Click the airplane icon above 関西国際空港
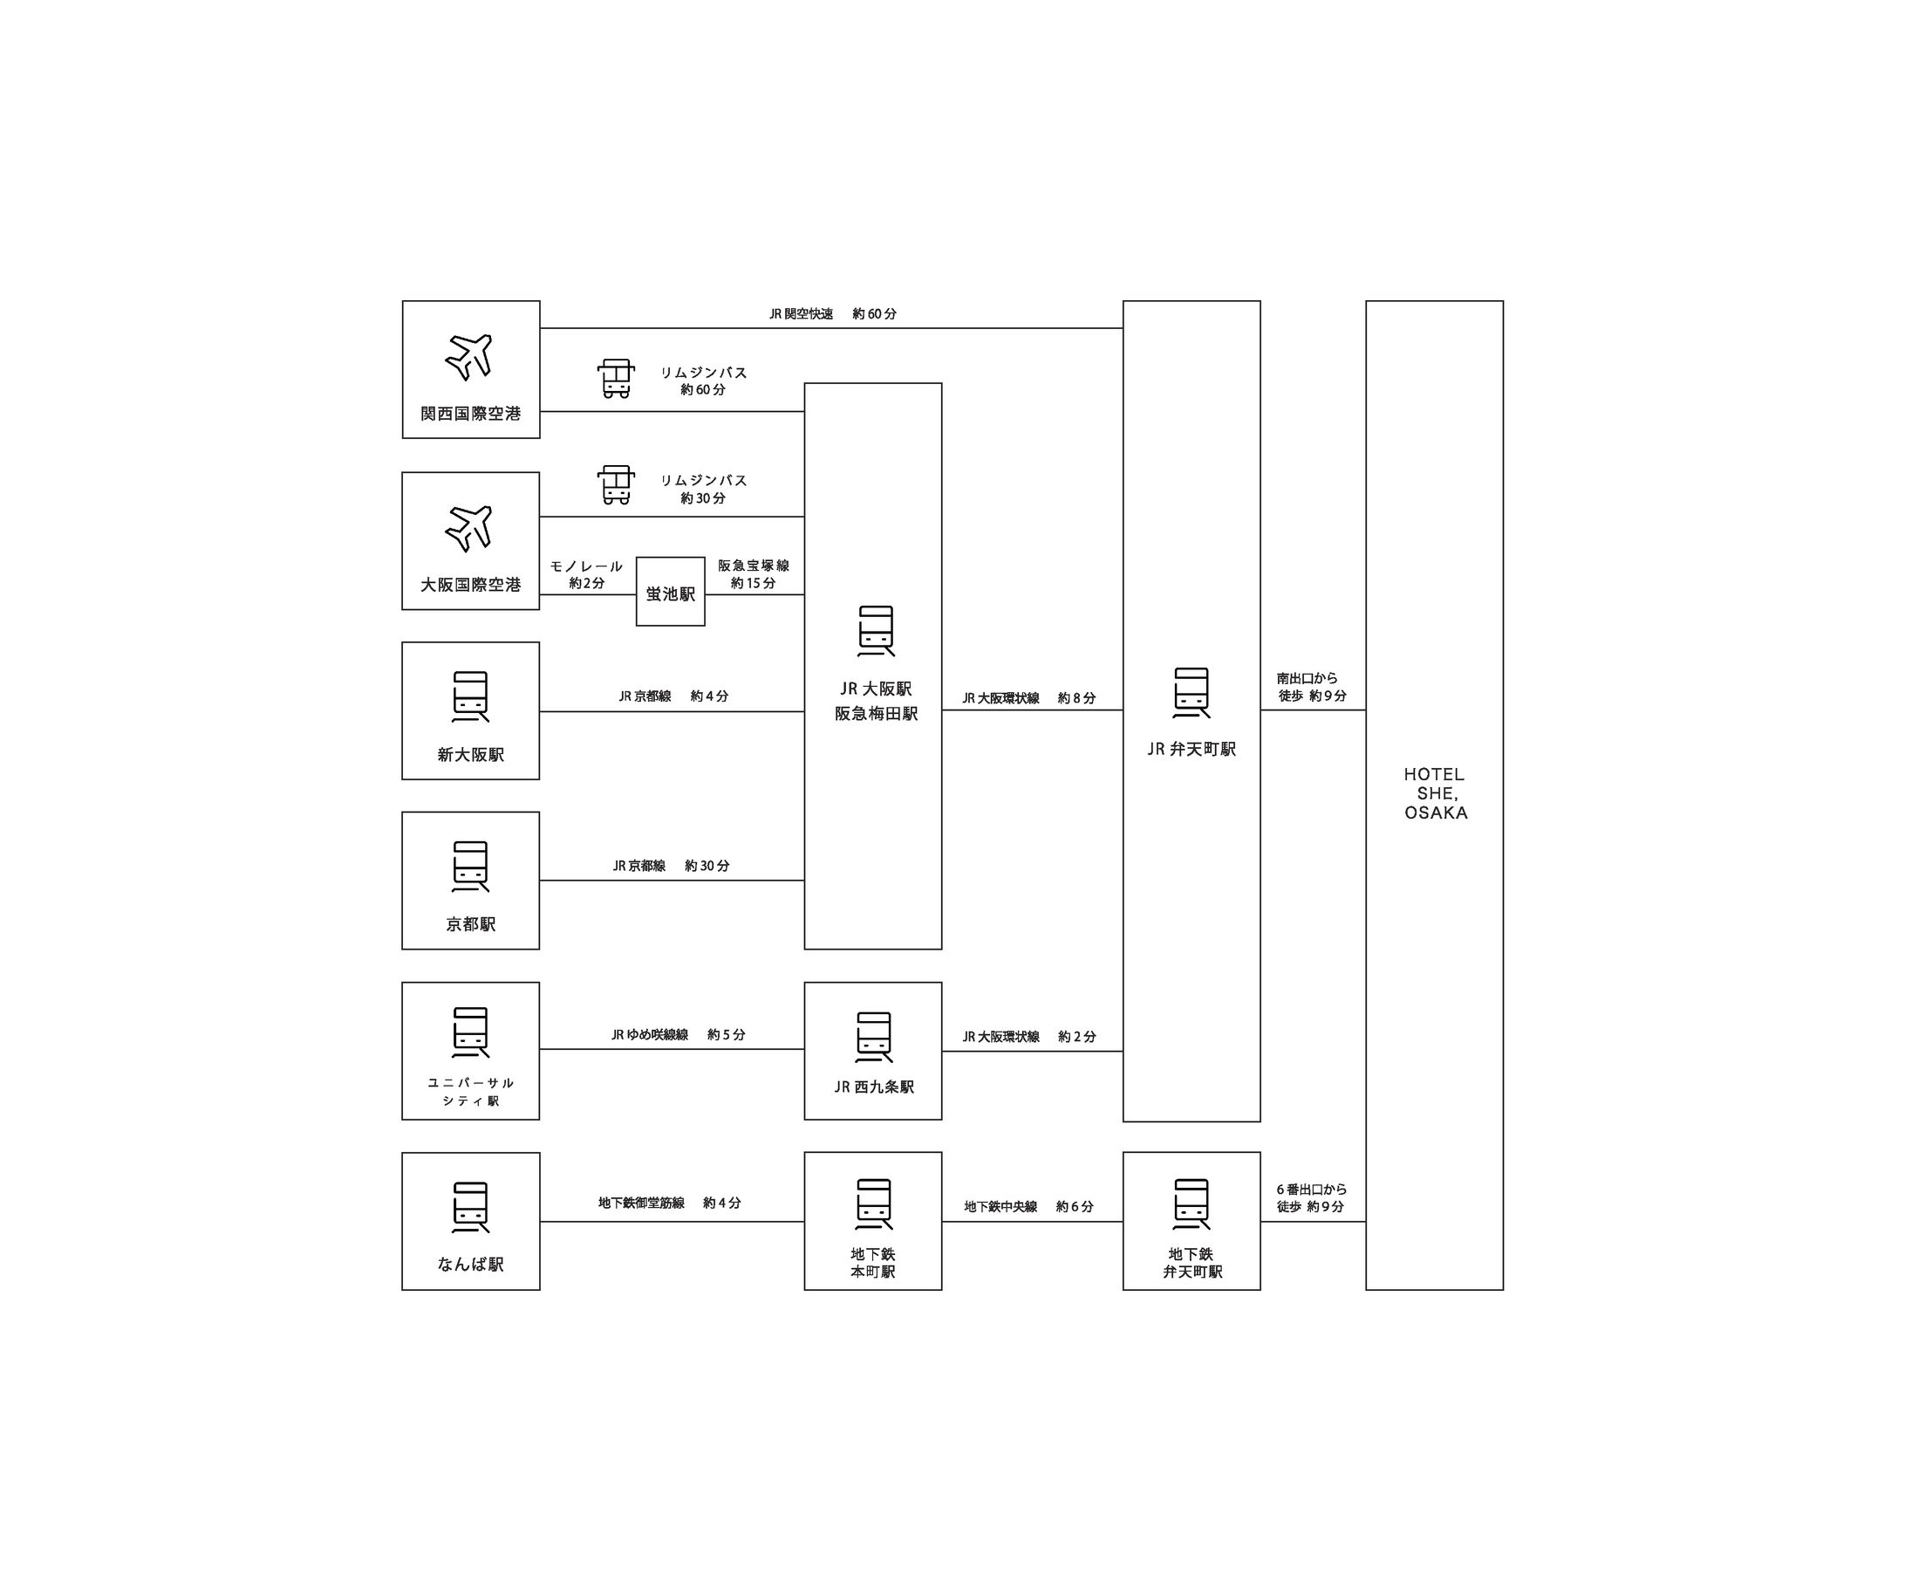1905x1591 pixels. (469, 356)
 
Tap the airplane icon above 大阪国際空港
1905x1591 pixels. (469, 527)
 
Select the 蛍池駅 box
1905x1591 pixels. (671, 593)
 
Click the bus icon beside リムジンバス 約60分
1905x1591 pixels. (616, 379)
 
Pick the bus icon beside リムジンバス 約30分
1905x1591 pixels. (616, 484)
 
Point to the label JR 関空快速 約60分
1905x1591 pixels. (832, 314)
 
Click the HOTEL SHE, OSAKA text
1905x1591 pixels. (1435, 793)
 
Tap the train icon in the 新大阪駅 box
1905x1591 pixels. (471, 696)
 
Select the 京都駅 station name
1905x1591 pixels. (471, 924)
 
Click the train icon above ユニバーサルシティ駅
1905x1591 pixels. (471, 1032)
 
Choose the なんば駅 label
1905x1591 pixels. (471, 1265)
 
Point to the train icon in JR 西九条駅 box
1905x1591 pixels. (874, 1038)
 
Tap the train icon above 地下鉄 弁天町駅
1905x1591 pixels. (1191, 1204)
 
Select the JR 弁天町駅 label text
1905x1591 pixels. (1191, 749)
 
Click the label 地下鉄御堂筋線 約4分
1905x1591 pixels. (670, 1203)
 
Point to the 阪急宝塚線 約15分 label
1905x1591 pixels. (754, 573)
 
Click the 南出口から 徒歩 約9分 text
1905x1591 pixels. (1312, 687)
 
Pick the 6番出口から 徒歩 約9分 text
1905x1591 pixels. (1312, 1198)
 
